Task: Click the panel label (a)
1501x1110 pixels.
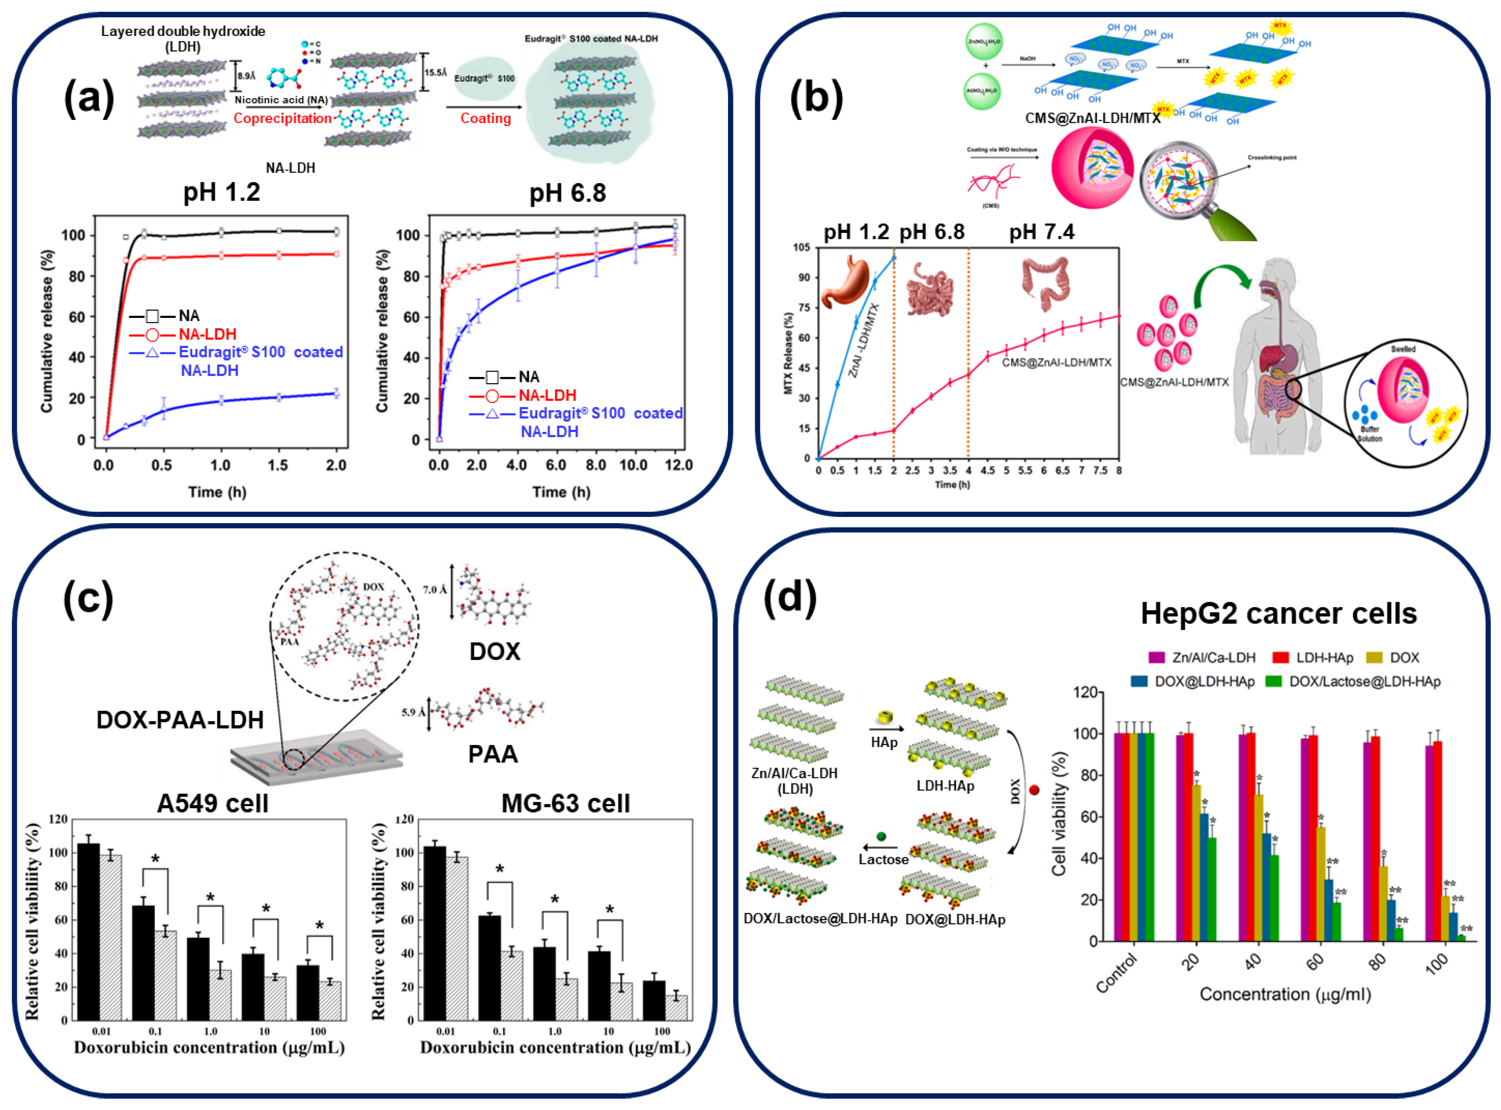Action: coord(89,98)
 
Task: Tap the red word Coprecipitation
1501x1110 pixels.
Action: coord(282,118)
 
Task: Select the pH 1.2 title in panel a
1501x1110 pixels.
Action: coord(221,193)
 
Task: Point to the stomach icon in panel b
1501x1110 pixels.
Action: coord(847,280)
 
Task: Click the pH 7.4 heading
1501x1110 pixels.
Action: coord(1041,233)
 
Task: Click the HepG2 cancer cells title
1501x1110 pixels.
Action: coord(1278,614)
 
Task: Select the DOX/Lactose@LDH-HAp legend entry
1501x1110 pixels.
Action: coord(1364,681)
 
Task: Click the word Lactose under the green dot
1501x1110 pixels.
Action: coord(883,859)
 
